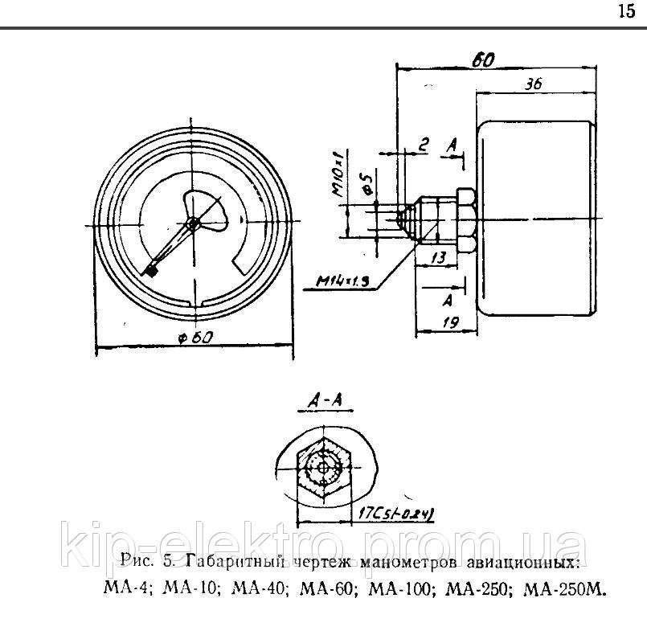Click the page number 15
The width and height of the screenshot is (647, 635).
[626, 11]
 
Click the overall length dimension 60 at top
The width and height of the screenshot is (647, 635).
[483, 59]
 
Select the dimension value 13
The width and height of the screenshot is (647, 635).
[439, 257]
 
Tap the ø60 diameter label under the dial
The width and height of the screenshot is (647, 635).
[195, 338]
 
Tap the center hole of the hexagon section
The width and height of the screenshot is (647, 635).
[323, 469]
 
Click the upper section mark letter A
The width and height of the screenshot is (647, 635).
[453, 145]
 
